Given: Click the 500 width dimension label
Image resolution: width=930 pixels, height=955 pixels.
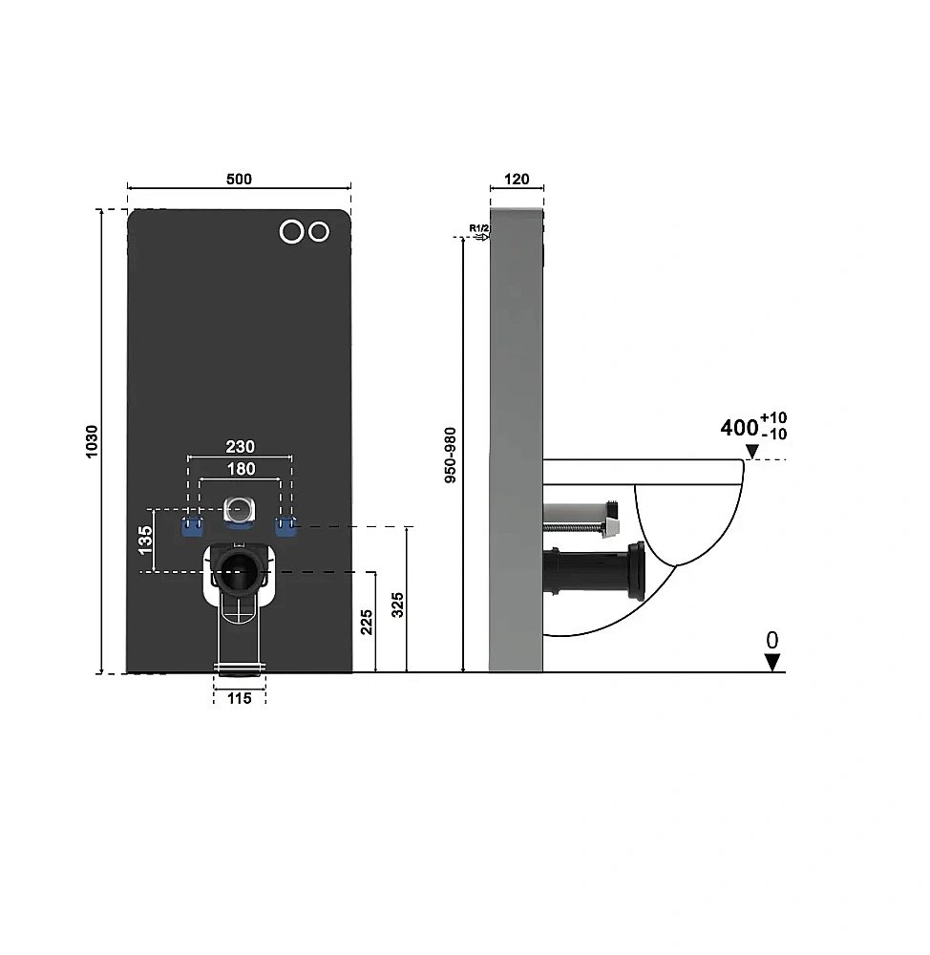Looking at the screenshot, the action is click(239, 180).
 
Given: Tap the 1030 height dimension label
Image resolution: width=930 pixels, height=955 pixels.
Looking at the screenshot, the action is click(92, 441).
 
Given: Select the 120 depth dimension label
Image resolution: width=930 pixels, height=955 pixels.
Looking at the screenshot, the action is click(518, 180).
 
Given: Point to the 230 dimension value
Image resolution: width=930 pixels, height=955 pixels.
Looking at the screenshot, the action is click(240, 446).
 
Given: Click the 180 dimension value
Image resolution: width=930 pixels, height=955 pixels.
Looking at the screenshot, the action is click(241, 469).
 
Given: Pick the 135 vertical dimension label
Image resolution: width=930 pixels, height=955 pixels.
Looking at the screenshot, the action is click(145, 541).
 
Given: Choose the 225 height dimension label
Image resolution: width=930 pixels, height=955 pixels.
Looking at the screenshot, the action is click(366, 622).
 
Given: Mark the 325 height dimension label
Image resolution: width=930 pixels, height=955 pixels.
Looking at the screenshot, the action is click(397, 605).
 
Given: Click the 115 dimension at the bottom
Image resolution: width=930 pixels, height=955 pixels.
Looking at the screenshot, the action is click(240, 699).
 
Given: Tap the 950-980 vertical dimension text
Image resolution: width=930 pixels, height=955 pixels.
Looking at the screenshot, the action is click(450, 455).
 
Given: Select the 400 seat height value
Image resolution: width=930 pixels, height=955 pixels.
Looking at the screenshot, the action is click(739, 428).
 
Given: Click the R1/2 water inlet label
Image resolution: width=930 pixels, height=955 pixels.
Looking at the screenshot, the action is click(478, 228).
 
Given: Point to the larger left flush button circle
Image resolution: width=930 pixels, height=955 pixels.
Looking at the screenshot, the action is click(292, 231).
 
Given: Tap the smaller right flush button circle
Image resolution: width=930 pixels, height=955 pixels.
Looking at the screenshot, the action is click(319, 231).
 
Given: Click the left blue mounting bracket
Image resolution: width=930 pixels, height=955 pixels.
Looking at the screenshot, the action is click(193, 527).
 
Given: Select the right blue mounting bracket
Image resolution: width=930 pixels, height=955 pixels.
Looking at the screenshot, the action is click(285, 527).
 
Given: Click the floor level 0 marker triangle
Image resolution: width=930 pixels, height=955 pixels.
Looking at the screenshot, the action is click(772, 663).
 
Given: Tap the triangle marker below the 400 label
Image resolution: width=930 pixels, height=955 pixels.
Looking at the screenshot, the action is click(752, 452).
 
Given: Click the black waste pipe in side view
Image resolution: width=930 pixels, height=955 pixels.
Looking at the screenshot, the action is click(594, 571).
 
